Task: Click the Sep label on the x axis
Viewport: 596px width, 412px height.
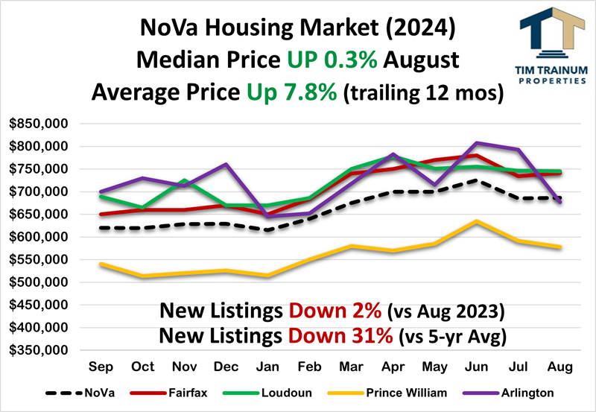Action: [101, 367]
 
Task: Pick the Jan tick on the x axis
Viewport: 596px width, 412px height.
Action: [267, 367]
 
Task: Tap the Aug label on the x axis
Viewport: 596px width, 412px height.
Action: [559, 367]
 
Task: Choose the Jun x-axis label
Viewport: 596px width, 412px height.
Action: [477, 367]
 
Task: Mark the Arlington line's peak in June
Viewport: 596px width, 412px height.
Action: [477, 142]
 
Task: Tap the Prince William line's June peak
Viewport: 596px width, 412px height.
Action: [477, 221]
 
